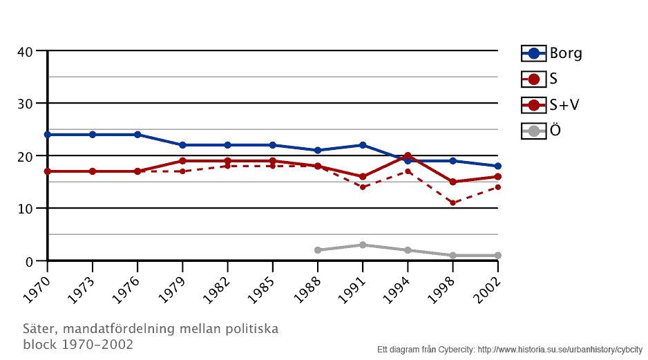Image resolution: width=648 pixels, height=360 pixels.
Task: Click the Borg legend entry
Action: [551, 53]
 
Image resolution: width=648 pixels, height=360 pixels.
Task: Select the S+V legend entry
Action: [551, 105]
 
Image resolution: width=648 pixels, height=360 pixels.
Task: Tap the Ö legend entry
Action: [542, 131]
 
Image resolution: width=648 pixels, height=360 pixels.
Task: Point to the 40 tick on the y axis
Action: [25, 51]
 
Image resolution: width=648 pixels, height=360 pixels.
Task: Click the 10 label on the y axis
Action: [25, 209]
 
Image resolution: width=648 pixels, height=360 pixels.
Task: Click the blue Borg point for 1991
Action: [363, 145]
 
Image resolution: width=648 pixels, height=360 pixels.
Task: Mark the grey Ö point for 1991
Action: [363, 245]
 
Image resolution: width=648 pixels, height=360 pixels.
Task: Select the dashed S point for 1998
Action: [452, 203]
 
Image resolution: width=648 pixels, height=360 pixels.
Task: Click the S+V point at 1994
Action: [408, 156]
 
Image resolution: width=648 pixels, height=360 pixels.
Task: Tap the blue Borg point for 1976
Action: [137, 135]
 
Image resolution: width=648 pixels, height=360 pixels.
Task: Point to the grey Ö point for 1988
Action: [318, 250]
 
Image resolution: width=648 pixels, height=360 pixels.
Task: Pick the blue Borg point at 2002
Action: [497, 167]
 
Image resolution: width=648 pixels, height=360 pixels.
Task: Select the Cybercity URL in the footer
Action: [560, 349]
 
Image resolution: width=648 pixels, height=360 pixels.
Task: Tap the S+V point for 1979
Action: [182, 161]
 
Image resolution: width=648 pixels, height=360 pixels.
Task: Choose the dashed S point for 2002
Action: [497, 187]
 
